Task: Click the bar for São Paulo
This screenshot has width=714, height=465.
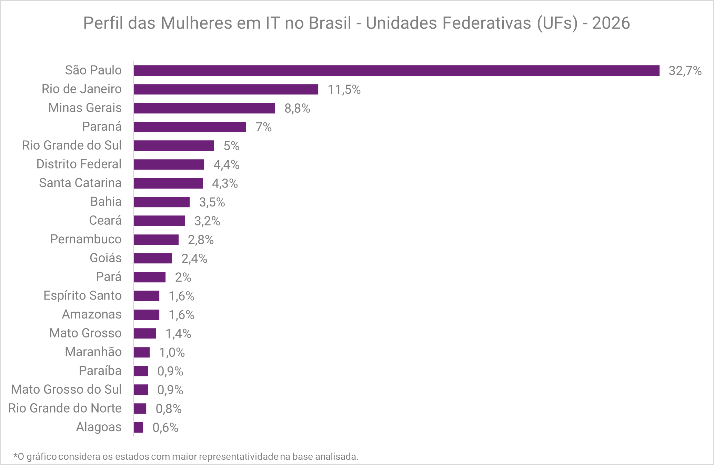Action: (x=396, y=71)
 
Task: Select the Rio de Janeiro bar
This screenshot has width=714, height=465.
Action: (x=226, y=89)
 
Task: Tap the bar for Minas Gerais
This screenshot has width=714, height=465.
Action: (x=204, y=108)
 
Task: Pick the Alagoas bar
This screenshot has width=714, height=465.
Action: (x=138, y=427)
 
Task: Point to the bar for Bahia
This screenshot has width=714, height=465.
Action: (x=162, y=202)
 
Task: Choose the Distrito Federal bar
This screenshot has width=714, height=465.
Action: (x=169, y=164)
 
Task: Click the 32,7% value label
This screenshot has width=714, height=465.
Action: (x=685, y=71)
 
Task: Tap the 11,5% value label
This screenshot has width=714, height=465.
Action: (x=344, y=90)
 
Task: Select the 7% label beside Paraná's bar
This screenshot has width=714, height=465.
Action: (x=263, y=127)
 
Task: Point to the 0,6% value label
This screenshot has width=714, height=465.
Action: (x=165, y=428)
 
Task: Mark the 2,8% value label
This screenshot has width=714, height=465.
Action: (x=201, y=240)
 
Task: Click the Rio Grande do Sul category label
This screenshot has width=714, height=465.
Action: (x=72, y=145)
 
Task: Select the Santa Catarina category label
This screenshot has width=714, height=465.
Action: (x=80, y=183)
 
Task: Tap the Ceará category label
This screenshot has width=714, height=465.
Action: (x=105, y=221)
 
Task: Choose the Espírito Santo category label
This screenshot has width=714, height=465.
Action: (x=82, y=296)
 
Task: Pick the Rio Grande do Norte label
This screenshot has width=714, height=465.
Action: (x=65, y=408)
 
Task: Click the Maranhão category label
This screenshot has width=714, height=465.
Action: (x=93, y=352)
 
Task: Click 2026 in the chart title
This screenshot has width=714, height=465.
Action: (x=611, y=23)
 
